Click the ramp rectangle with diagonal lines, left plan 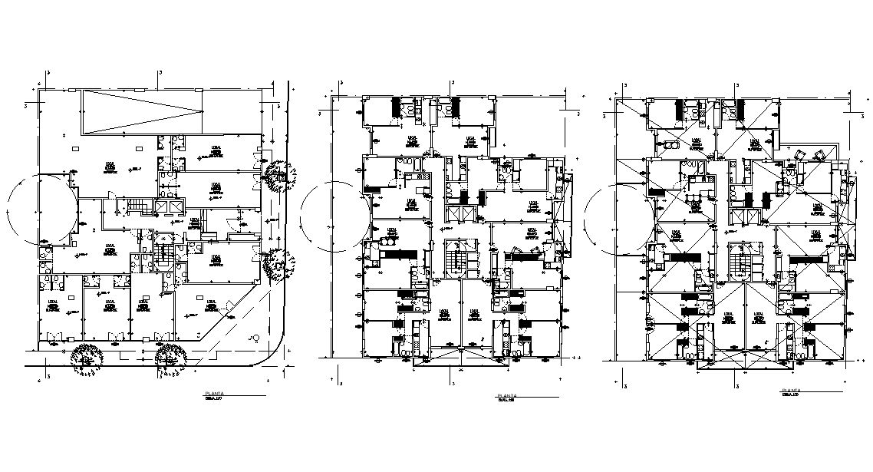click(143, 112)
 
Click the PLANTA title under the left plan click(212, 392)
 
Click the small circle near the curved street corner click(252, 338)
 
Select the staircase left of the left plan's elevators click(139, 206)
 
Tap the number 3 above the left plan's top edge click(159, 73)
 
